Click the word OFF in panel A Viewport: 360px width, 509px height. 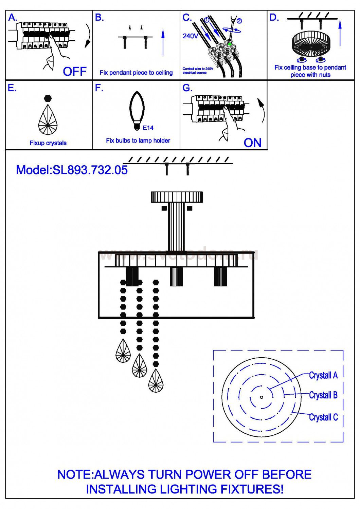point(74,72)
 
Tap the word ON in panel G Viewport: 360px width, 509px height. point(252,143)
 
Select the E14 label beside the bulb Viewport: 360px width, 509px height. point(148,128)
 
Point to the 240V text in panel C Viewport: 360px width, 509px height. point(190,36)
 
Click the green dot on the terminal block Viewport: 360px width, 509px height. point(230,44)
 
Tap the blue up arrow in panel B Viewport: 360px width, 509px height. point(163,43)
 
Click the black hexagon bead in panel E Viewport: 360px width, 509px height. point(48,98)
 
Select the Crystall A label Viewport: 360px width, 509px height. point(323,375)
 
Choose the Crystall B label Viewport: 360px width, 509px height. point(323,395)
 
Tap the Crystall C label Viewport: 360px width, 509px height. point(323,417)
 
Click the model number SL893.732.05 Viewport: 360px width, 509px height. point(90,170)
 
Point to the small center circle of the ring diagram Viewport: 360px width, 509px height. point(261,397)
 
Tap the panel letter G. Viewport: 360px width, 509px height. point(187,88)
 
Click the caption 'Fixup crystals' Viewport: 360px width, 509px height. point(48,143)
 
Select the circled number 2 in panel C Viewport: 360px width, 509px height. point(239,21)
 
